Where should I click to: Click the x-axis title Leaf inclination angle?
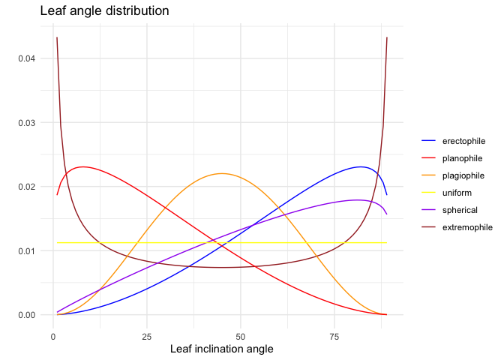pos(221,349)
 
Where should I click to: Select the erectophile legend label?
pos(463,140)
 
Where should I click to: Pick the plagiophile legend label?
pos(463,175)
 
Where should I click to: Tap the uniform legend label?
pos(457,192)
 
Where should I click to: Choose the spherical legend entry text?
pos(460,209)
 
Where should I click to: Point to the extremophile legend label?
pos(467,226)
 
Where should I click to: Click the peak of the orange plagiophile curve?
pos(222,173)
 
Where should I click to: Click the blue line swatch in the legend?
pos(429,140)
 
